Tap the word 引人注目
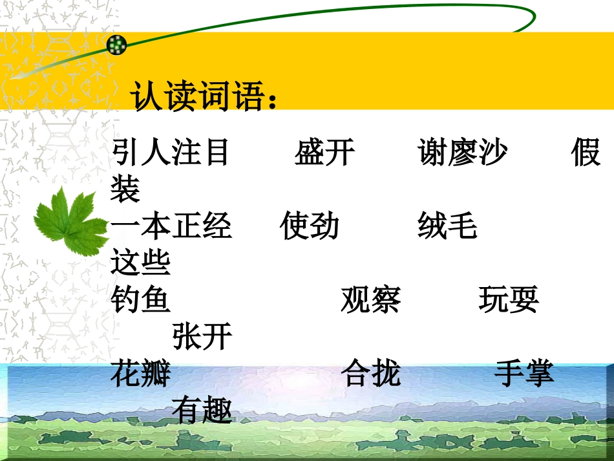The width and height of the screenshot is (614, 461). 171,153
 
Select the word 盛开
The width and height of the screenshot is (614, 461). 324,153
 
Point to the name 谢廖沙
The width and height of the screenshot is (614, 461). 462,153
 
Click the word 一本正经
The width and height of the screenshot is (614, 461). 171,226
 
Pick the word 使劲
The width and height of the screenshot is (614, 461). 310,226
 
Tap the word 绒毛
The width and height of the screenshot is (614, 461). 447,226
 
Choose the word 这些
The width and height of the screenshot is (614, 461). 140,263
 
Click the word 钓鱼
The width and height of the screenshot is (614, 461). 140,299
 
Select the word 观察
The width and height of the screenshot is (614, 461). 370,299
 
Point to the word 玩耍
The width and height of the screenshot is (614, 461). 509,299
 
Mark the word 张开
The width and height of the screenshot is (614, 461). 202,336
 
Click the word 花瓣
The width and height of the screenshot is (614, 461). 140,373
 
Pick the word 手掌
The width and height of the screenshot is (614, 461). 524,373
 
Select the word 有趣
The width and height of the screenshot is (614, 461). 202,410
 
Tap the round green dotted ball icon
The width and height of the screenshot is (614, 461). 117,45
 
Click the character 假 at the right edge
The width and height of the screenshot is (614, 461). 586,153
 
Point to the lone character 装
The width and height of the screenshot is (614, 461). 125,189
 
